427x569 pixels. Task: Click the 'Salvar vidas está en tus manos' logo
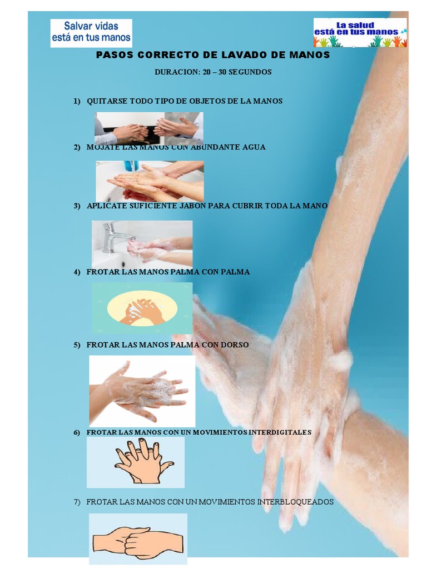point(91,33)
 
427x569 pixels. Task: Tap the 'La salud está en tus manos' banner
point(360,33)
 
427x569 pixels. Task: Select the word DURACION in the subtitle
point(177,72)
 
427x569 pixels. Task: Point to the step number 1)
point(77,101)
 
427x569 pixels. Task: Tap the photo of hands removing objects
point(149,128)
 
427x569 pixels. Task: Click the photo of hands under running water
point(150,181)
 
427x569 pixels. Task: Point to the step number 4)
point(77,272)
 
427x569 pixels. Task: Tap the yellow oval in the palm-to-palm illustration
point(142,308)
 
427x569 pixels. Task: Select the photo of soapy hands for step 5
point(142,391)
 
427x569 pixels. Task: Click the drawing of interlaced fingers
point(144,461)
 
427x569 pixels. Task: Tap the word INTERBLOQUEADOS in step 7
point(295,502)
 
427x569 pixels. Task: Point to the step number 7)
point(77,502)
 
